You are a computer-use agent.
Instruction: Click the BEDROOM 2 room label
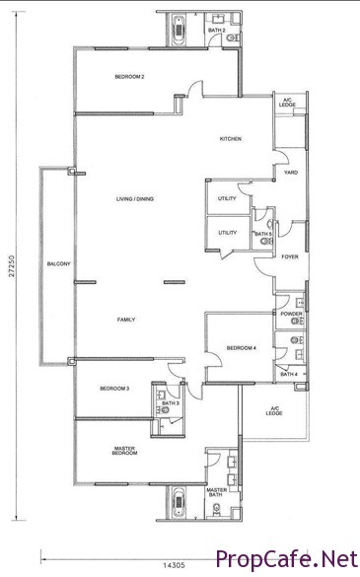129,77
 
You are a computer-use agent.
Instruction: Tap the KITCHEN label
231,139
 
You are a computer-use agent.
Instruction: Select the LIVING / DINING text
135,199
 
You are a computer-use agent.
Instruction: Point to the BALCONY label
58,264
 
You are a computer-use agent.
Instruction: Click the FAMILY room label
126,320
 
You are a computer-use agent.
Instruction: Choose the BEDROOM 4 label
242,348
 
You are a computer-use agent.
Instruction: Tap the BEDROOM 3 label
114,389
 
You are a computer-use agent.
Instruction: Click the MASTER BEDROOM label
125,451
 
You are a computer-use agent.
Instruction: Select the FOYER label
290,256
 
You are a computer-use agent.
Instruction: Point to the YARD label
291,173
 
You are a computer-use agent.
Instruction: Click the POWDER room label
292,314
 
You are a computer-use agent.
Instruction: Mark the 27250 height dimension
12,265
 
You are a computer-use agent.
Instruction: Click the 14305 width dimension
174,565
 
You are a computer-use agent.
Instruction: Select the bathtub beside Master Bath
179,502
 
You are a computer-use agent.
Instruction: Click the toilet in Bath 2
233,37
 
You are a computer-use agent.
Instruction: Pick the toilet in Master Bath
217,509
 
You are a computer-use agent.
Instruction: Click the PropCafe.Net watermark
287,559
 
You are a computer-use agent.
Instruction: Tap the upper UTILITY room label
227,198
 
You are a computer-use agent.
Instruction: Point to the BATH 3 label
171,403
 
